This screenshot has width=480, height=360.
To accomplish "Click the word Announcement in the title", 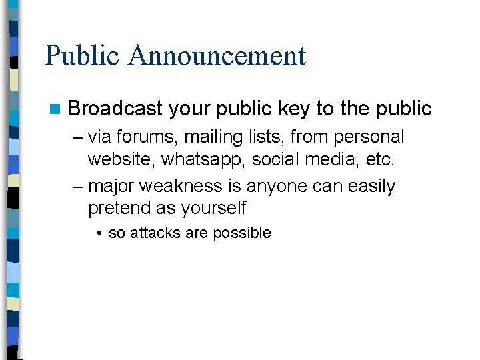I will pos(217,55).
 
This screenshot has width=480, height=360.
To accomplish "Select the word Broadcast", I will pos(115,109).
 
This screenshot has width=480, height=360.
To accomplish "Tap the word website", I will pos(122,161).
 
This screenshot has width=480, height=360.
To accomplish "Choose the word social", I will pos(279,161).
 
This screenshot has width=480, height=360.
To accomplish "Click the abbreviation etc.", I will pos(379,161).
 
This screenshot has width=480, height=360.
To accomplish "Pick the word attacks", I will pos(152,233).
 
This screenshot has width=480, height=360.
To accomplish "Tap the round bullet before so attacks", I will pos(98,233).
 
